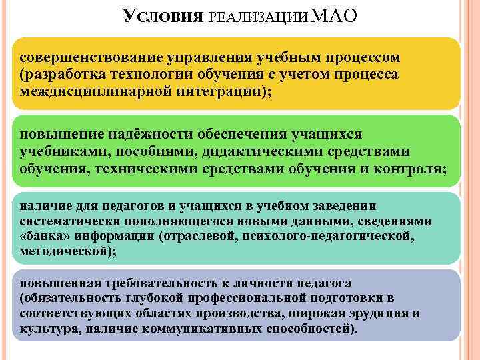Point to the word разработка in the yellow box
click(x=63, y=74)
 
